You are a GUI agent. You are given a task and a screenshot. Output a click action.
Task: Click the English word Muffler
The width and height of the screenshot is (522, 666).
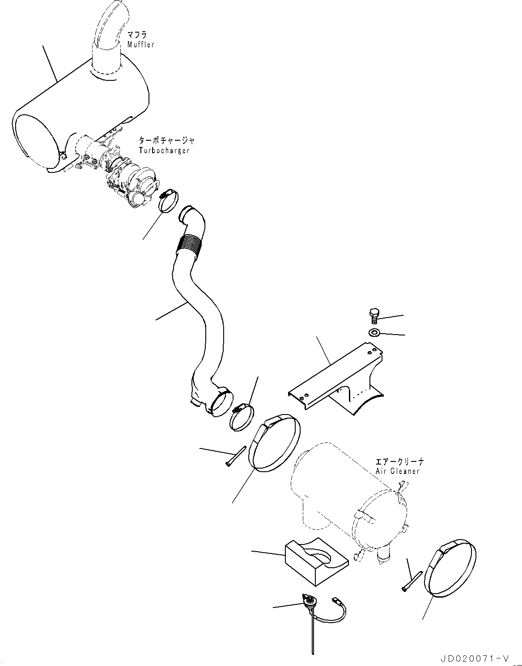[140, 45]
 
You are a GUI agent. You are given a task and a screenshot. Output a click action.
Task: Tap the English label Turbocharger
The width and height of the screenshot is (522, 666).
[164, 150]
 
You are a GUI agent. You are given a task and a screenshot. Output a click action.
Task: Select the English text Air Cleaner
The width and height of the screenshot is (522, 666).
[397, 471]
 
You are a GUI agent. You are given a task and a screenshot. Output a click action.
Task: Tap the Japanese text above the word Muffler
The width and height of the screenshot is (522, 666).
[137, 34]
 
